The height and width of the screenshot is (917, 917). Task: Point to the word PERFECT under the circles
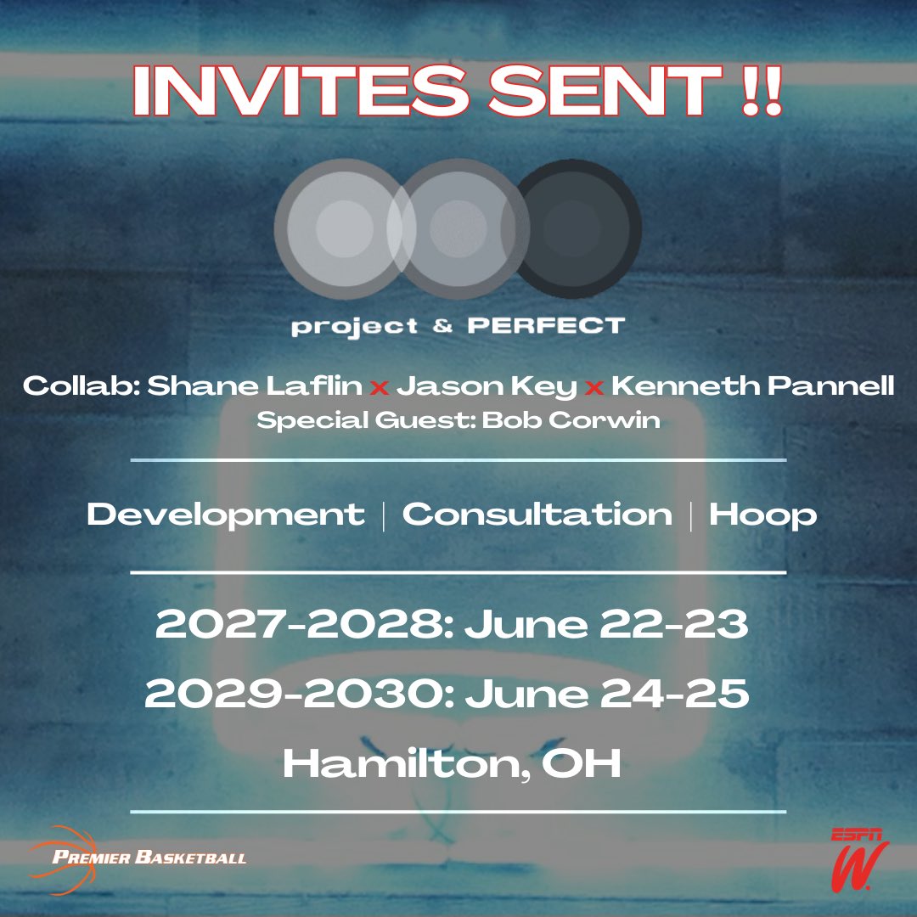(546, 325)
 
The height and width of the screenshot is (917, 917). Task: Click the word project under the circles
(355, 327)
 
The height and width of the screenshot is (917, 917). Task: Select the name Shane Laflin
(256, 387)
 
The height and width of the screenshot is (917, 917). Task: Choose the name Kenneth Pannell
(752, 387)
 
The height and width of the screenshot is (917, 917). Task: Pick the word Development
(226, 515)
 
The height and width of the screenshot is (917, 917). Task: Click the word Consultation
(537, 515)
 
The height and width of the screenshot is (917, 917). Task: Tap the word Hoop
(762, 515)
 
